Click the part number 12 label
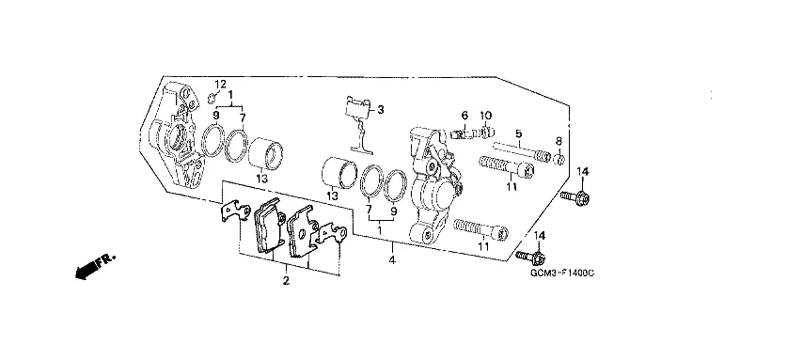pyautogui.click(x=221, y=84)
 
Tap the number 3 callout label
pyautogui.click(x=381, y=109)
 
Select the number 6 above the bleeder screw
pyautogui.click(x=464, y=115)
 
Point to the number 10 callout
pyautogui.click(x=485, y=115)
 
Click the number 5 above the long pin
pyautogui.click(x=518, y=133)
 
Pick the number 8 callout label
pyautogui.click(x=559, y=141)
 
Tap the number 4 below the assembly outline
pyautogui.click(x=392, y=260)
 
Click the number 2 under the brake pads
pyautogui.click(x=286, y=281)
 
